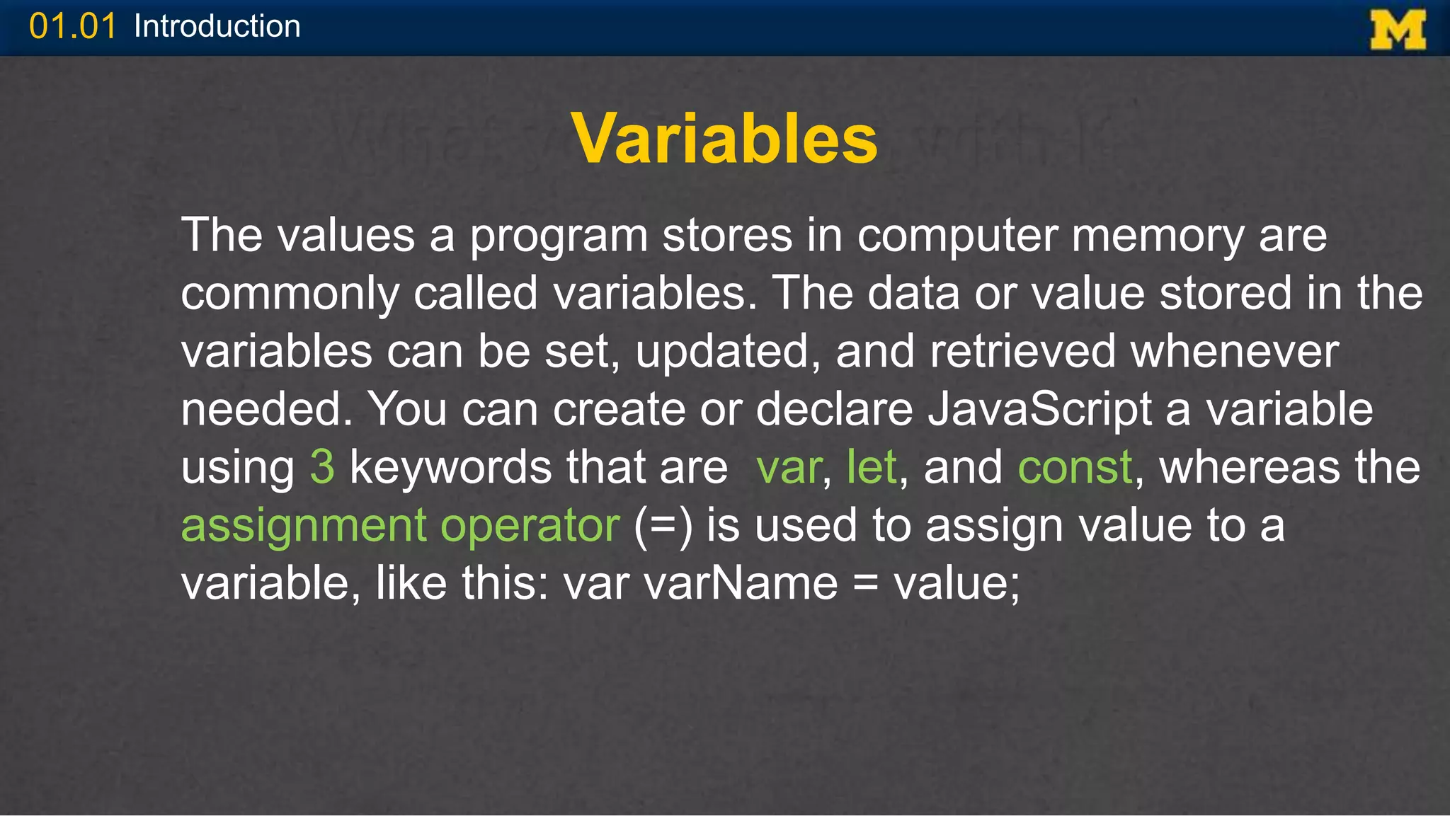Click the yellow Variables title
click(x=724, y=139)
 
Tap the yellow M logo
click(x=1398, y=30)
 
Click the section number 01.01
click(x=72, y=27)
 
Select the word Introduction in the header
click(x=217, y=27)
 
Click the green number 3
click(x=322, y=468)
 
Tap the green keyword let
click(x=872, y=468)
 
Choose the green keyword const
click(x=1075, y=468)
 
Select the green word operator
click(x=530, y=526)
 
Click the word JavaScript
click(x=1040, y=410)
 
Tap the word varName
click(x=741, y=584)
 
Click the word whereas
click(x=1250, y=468)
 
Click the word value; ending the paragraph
click(x=957, y=584)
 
